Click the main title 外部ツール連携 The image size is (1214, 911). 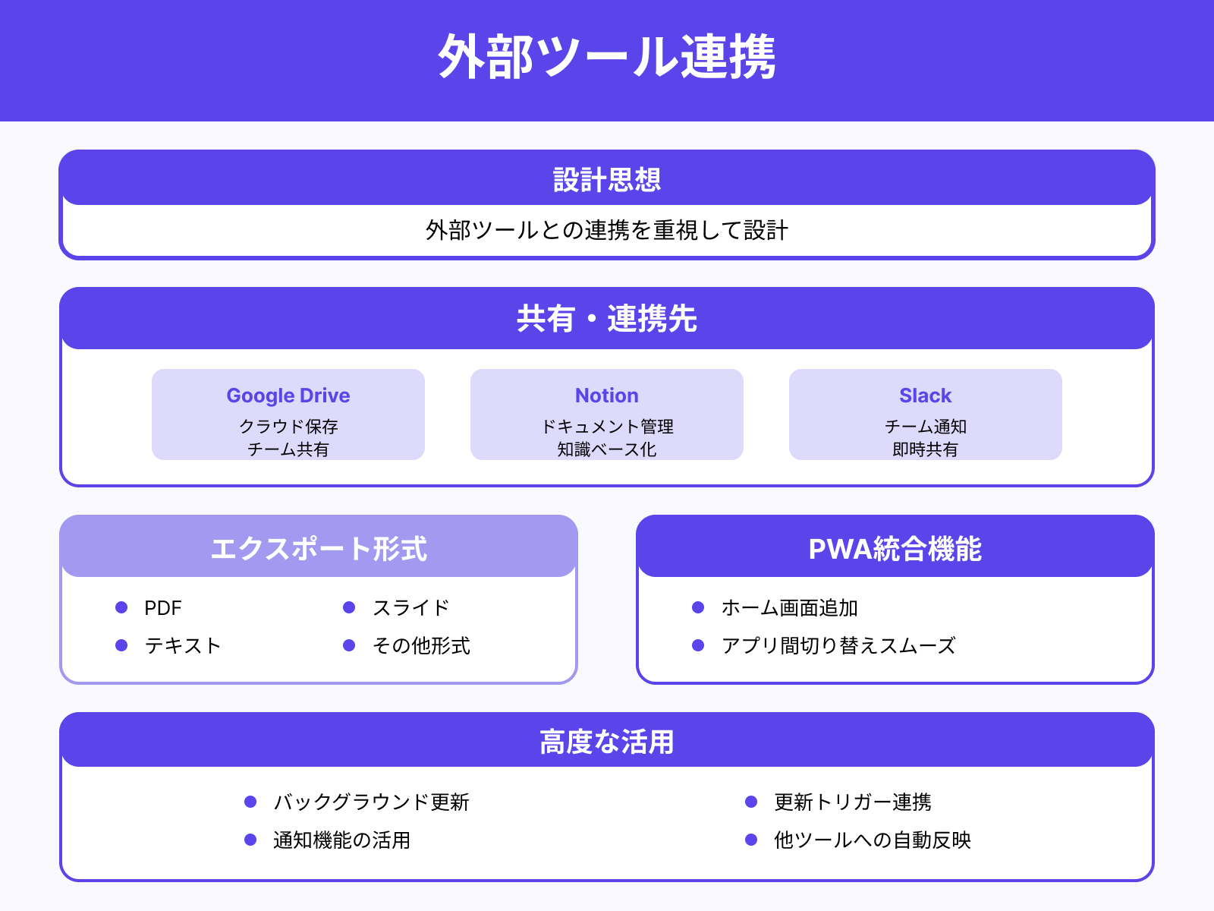coord(607,58)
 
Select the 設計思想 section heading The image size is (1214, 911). coord(607,180)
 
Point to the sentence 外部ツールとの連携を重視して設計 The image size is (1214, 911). coord(607,230)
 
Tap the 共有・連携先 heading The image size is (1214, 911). coord(607,319)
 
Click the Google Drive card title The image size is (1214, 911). coord(288,396)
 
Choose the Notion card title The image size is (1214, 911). coord(607,396)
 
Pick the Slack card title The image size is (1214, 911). coord(925,396)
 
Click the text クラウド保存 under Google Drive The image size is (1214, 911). coord(288,427)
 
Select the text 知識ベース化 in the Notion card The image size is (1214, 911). coord(607,449)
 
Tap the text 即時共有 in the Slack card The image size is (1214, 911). coord(925,449)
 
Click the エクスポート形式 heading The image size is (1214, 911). coord(319,549)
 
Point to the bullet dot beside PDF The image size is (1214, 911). coord(121,607)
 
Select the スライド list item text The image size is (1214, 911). coord(411,608)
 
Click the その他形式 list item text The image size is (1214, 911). coord(421,646)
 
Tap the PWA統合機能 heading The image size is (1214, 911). coord(895,549)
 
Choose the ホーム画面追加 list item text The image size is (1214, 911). coord(789,608)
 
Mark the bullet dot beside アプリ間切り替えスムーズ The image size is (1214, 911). coord(698,645)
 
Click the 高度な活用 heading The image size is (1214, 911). coord(607,742)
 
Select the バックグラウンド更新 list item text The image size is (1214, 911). coord(371,802)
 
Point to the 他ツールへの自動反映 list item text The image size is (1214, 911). coord(872,840)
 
